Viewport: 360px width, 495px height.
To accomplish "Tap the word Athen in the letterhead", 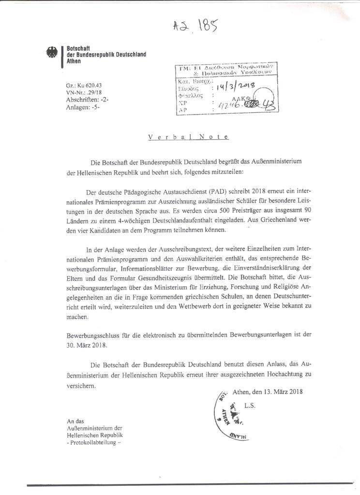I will click(74, 61).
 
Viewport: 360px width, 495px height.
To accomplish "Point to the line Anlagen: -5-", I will click(83, 107).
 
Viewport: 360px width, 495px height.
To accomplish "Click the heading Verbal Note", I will click(188, 137).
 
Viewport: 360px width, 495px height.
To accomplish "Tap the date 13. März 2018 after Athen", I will click(281, 392).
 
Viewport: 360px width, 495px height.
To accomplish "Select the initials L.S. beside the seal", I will click(250, 406).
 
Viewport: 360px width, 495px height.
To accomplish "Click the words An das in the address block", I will click(75, 421).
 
